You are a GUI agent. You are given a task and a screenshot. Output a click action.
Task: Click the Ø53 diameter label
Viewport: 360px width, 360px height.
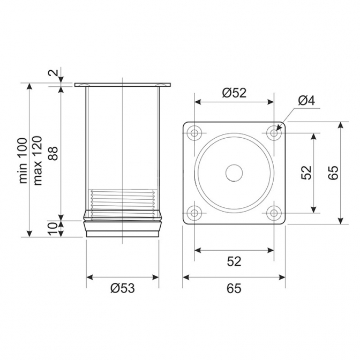[x=122, y=288]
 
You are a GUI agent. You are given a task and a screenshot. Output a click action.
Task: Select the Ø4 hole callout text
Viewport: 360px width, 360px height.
[x=307, y=100]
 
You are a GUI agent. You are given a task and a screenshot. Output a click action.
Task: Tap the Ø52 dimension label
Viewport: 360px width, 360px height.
[x=234, y=93]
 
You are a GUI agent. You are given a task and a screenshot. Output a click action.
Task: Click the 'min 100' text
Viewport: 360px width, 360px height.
[x=23, y=161]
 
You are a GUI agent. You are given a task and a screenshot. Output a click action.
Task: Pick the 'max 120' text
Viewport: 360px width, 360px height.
[x=37, y=161]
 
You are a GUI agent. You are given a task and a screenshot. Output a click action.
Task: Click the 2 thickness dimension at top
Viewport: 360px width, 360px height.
[x=53, y=72]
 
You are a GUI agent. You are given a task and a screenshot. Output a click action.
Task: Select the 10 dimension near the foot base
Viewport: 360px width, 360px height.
[x=53, y=228]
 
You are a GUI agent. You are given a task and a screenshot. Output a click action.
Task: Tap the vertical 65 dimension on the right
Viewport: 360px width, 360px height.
[x=333, y=172]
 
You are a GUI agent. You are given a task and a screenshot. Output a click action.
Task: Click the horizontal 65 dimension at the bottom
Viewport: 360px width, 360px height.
[x=234, y=288]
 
